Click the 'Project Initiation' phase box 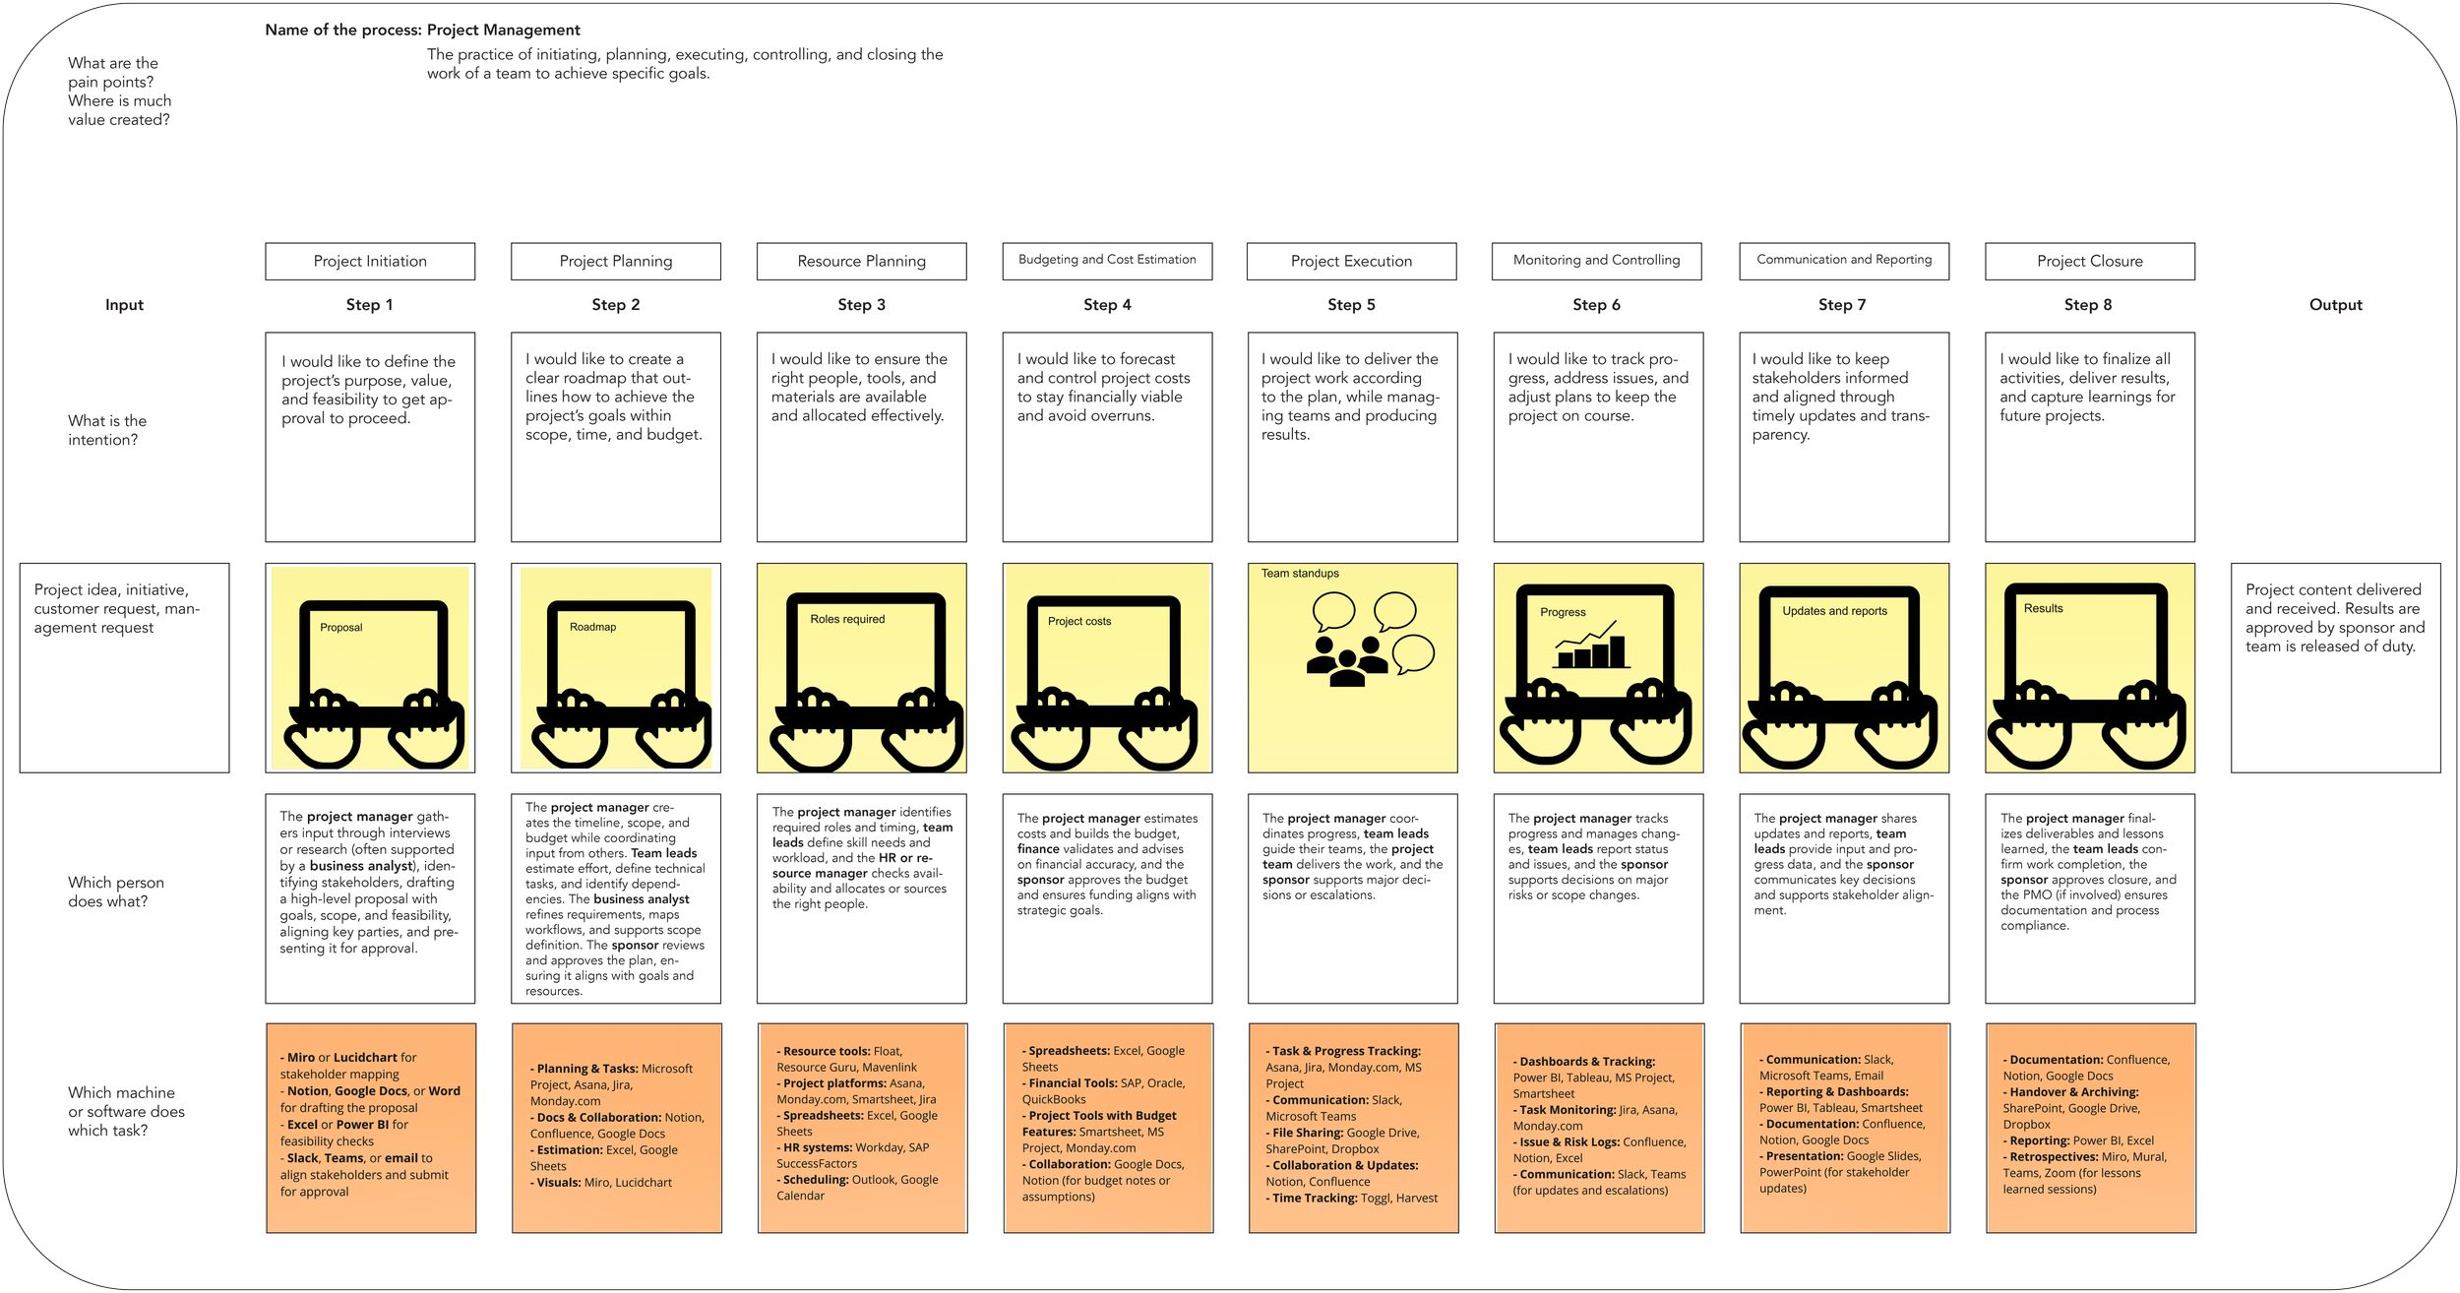click(370, 261)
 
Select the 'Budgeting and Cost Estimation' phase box click(1107, 260)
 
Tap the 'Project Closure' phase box click(2089, 261)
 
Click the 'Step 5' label click(1351, 305)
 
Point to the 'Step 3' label click(861, 305)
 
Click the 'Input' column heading click(124, 305)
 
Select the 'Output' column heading click(2335, 305)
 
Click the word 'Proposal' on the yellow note click(340, 627)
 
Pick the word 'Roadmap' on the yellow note click(592, 627)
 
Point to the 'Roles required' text click(847, 619)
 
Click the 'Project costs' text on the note click(1078, 621)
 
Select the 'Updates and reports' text click(1834, 611)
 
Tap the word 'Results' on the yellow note click(2043, 608)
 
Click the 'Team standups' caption click(1300, 573)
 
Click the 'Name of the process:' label click(343, 30)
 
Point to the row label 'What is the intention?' click(107, 430)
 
